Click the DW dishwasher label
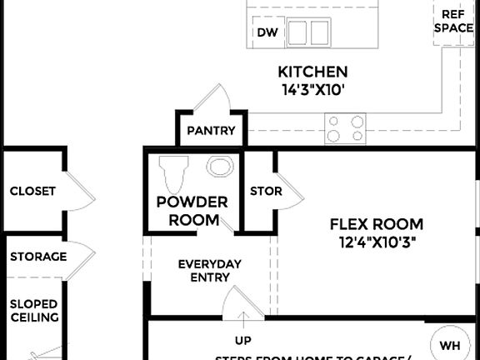tap(267, 33)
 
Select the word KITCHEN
tap(312, 72)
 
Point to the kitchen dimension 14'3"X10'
tap(312, 89)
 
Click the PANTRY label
tap(211, 131)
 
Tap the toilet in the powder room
tap(173, 172)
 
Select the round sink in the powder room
tap(220, 167)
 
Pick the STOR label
tap(266, 191)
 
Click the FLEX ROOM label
tap(377, 224)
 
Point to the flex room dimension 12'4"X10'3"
tap(377, 242)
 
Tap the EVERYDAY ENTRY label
tap(210, 271)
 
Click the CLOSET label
tap(32, 191)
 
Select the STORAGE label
tap(38, 257)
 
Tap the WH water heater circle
tap(449, 345)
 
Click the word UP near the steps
tap(243, 341)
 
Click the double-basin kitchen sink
tap(309, 32)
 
